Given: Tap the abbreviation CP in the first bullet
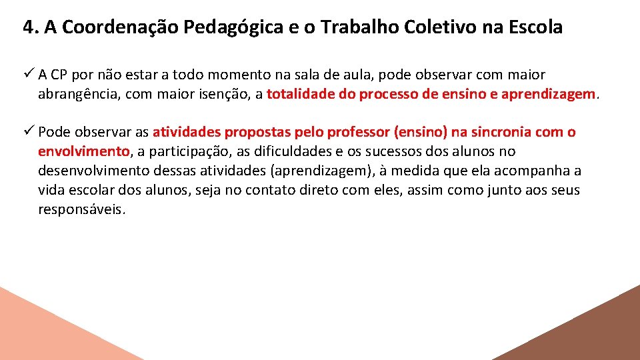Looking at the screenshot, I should point(58,75).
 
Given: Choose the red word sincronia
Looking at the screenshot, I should point(500,132).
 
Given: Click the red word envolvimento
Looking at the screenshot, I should point(84,151).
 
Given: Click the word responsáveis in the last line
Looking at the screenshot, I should point(81,209).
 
